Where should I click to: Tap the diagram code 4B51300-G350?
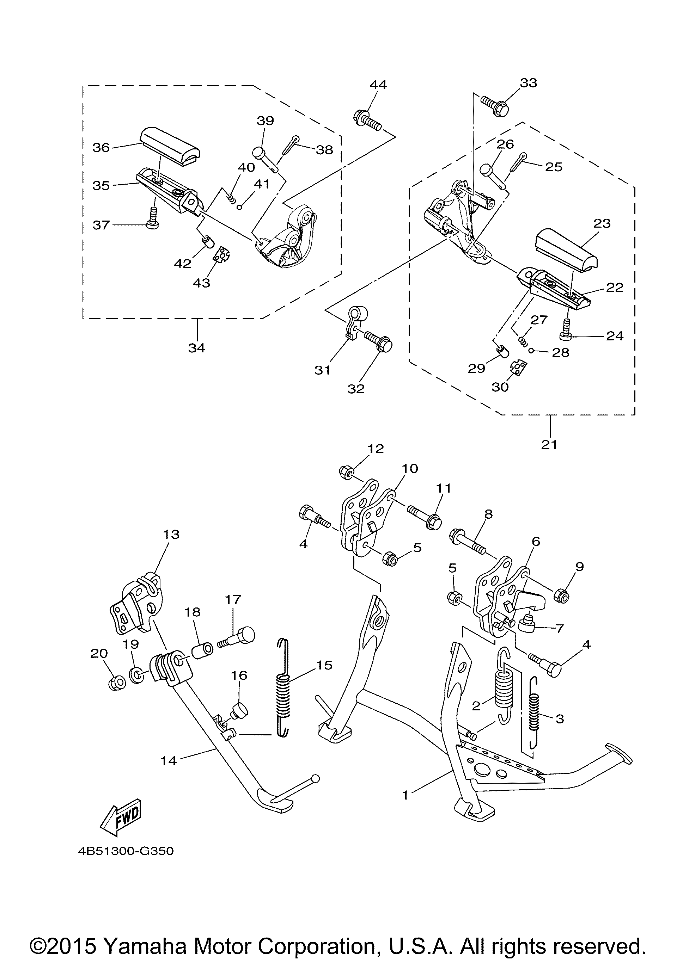(126, 851)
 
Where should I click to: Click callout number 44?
(378, 84)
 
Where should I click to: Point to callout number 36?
(101, 147)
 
